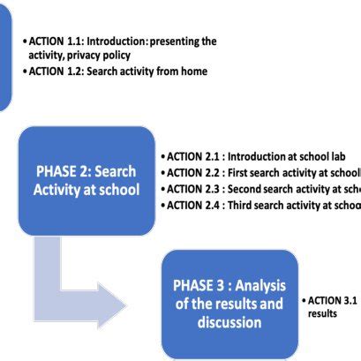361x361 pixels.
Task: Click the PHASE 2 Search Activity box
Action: pyautogui.click(x=86, y=180)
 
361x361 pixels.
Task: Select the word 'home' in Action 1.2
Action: pyautogui.click(x=192, y=71)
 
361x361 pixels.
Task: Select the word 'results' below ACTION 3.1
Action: pyautogui.click(x=323, y=313)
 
